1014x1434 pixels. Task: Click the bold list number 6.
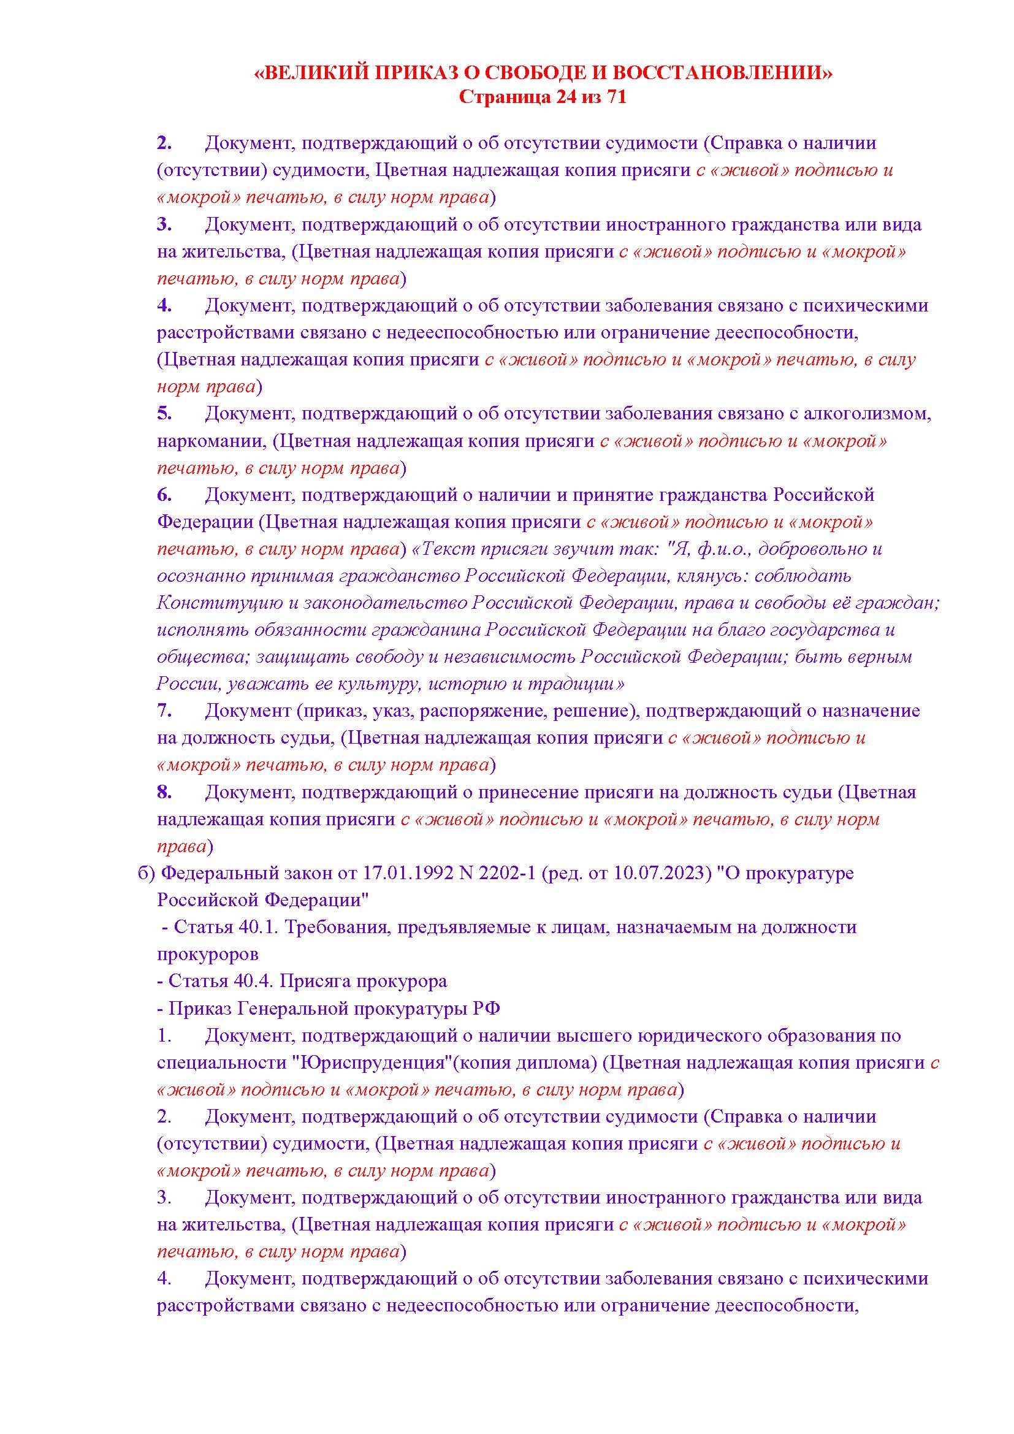164,495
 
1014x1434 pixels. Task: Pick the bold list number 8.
164,793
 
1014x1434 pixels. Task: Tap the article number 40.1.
257,928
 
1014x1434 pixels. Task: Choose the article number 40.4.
251,982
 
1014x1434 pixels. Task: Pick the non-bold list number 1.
164,1036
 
